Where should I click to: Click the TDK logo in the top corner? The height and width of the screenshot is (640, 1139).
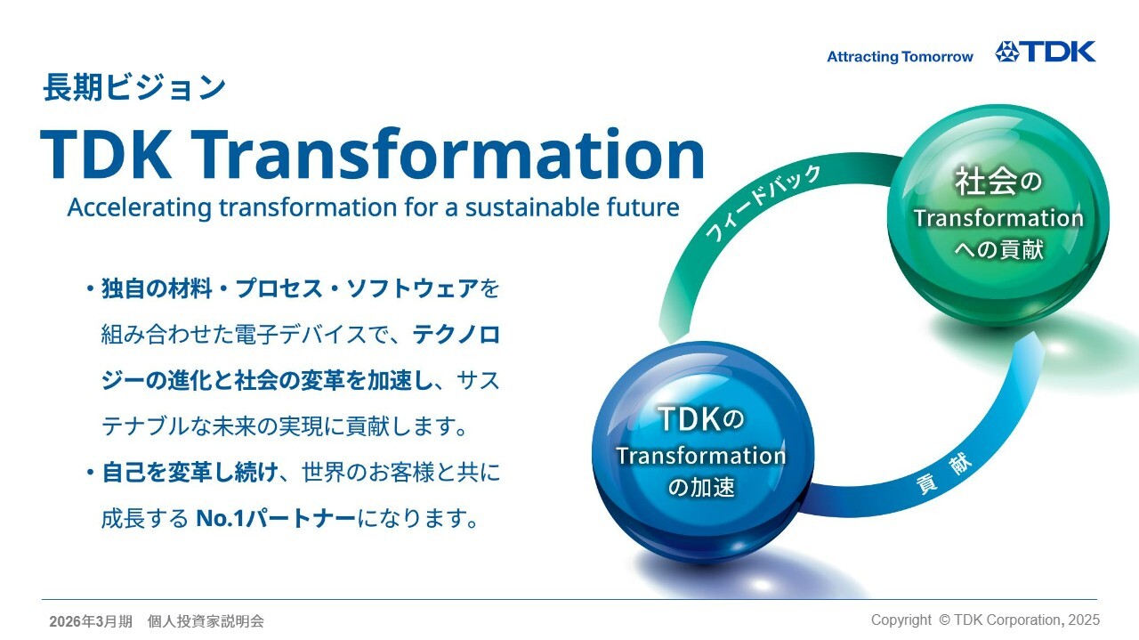[1045, 52]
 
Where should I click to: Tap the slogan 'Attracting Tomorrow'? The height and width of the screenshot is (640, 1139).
[900, 56]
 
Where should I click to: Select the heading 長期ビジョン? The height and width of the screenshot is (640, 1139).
[134, 87]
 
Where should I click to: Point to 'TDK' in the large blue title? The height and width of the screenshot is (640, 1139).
[106, 154]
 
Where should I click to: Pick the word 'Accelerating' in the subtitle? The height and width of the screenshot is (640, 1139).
[140, 207]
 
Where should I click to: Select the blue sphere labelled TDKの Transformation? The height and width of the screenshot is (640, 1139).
[703, 452]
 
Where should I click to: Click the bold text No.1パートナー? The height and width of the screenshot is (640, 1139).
[276, 518]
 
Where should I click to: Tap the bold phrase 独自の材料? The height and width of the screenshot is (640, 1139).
[157, 288]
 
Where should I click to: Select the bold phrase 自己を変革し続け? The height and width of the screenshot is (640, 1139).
[190, 472]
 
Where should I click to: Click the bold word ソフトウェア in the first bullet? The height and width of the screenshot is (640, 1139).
[412, 288]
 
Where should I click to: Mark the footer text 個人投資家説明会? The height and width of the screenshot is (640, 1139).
[206, 621]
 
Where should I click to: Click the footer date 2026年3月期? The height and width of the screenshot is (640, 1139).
[91, 621]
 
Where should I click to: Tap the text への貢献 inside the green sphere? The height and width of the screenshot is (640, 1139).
[998, 249]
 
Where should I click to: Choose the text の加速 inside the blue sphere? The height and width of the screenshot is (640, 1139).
[701, 487]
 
